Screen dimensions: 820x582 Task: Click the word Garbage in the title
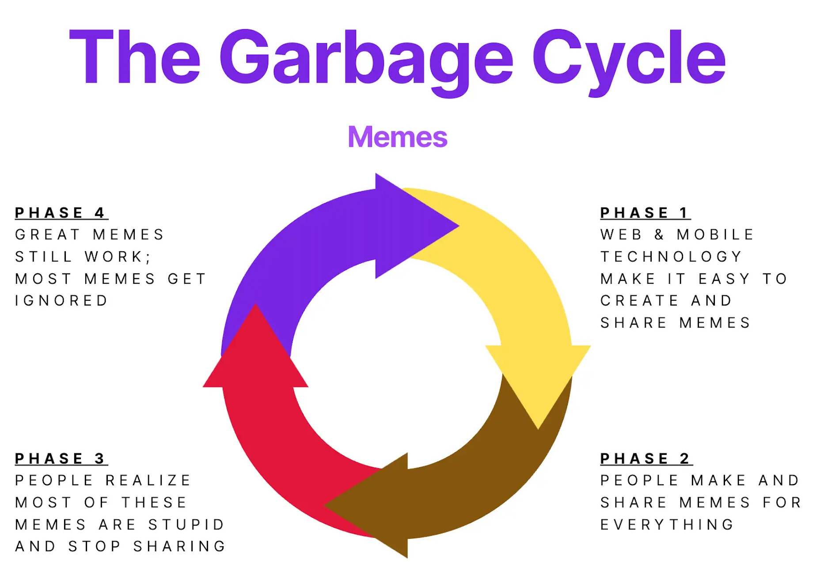pyautogui.click(x=366, y=57)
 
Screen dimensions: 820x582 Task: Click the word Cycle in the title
pyautogui.click(x=628, y=57)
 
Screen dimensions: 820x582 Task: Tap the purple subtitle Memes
pyautogui.click(x=397, y=137)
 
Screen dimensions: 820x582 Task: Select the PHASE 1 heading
pyautogui.click(x=645, y=213)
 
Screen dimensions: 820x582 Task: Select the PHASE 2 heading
pyautogui.click(x=645, y=459)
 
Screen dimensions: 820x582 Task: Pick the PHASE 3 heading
pyautogui.click(x=61, y=459)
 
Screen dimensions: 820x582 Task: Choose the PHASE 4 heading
pyautogui.click(x=61, y=213)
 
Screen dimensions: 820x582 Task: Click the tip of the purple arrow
pyautogui.click(x=458, y=226)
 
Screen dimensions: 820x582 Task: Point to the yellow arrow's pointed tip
pyautogui.click(x=538, y=427)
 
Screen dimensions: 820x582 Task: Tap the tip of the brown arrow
pyautogui.click(x=326, y=505)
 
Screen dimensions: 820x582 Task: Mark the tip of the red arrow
pyautogui.click(x=255, y=305)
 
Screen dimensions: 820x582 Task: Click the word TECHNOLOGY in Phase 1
pyautogui.click(x=671, y=257)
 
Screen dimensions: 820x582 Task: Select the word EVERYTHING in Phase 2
pyautogui.click(x=667, y=525)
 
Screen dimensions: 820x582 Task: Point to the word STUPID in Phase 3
pyautogui.click(x=186, y=525)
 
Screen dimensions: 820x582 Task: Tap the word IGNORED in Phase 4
pyautogui.click(x=61, y=301)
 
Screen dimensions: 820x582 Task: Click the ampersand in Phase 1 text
pyautogui.click(x=659, y=234)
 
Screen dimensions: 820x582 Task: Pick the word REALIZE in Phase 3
pyautogui.click(x=148, y=480)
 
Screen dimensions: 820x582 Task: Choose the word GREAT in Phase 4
pyautogui.click(x=47, y=234)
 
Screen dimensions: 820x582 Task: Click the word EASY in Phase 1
pyautogui.click(x=724, y=279)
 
